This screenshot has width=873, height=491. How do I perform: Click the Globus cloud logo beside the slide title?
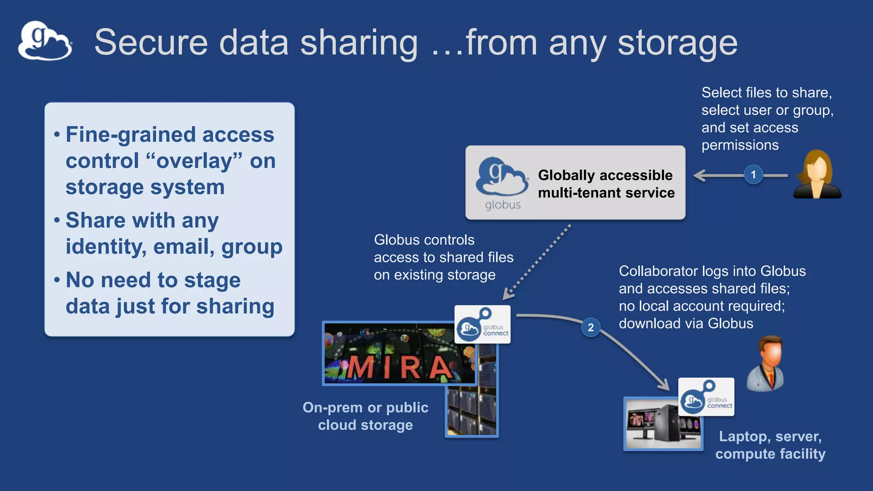[x=45, y=41]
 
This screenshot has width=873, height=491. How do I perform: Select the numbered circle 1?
[x=753, y=175]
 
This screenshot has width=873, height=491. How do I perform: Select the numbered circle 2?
[x=590, y=327]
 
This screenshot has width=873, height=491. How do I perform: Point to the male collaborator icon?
[x=766, y=363]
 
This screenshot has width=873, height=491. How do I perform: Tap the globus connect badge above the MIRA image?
[x=483, y=324]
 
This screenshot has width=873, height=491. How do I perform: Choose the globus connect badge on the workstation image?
[x=706, y=397]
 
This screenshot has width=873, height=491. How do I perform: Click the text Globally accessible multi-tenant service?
[x=606, y=184]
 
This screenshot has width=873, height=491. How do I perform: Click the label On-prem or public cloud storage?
[x=365, y=416]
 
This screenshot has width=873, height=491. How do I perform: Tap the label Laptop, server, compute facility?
[x=770, y=445]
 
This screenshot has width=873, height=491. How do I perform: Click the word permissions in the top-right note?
[x=740, y=145]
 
